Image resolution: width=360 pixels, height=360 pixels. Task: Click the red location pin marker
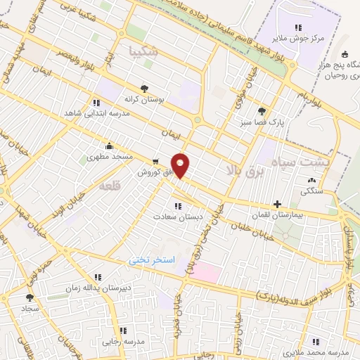(181, 165)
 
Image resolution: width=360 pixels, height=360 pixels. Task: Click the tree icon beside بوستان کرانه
(144, 89)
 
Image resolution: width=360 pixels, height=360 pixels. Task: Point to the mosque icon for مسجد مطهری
(109, 146)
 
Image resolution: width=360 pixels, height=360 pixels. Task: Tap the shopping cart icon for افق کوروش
(154, 161)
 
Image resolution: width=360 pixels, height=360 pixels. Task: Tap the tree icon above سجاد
(29, 297)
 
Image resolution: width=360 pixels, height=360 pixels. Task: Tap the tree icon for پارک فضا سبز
(262, 110)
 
